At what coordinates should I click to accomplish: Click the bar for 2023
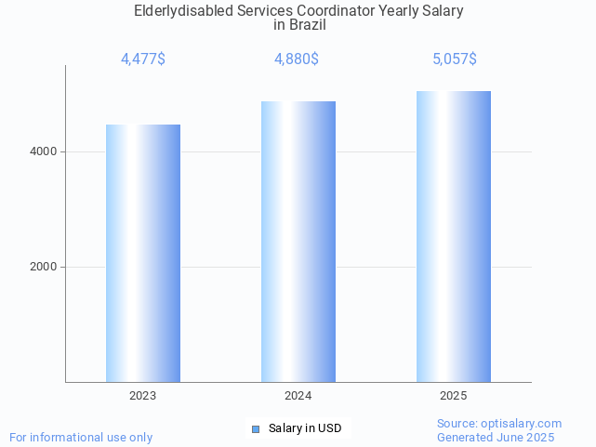[x=143, y=253]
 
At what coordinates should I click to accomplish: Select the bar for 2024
[x=298, y=242]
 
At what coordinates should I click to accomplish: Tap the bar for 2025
[x=454, y=236]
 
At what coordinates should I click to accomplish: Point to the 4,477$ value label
[x=143, y=59]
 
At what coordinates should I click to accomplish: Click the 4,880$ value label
[x=297, y=59]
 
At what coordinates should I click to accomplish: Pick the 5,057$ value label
[x=455, y=59]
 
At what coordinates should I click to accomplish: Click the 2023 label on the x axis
[x=143, y=396]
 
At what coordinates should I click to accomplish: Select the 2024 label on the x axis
[x=298, y=396]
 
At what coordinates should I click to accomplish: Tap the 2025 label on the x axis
[x=454, y=396]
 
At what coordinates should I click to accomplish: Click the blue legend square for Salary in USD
[x=256, y=428]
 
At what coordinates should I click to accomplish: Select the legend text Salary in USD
[x=305, y=428]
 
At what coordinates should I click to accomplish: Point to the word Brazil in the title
[x=307, y=25]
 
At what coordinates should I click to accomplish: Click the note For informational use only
[x=81, y=437]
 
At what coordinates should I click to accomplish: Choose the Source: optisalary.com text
[x=499, y=423]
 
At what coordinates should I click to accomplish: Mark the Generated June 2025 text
[x=496, y=437]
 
